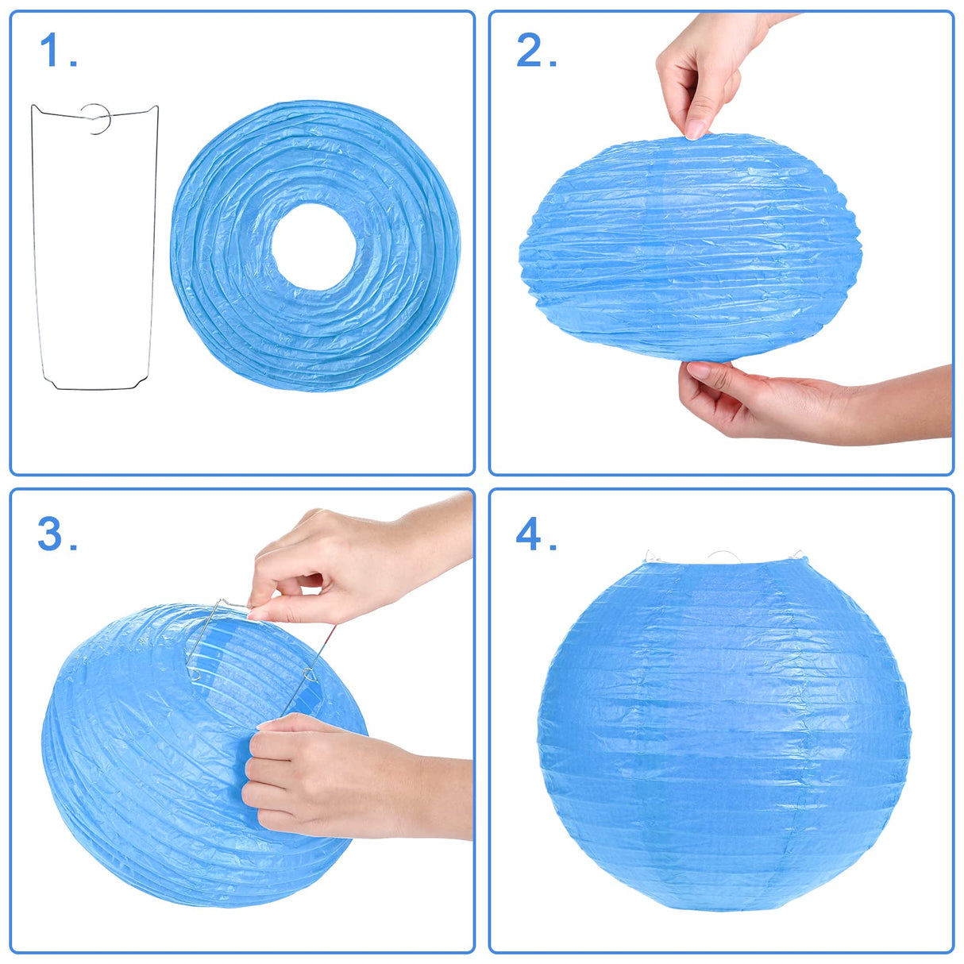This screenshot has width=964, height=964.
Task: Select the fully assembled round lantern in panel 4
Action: [x=723, y=738]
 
